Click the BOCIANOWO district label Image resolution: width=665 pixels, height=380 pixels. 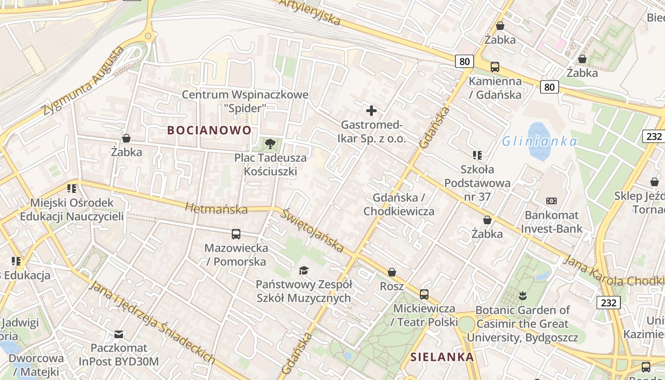[209, 130]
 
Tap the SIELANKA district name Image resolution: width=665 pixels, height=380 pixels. [442, 357]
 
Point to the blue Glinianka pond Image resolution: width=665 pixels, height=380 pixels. [539, 141]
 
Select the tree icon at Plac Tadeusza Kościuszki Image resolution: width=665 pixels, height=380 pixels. [270, 143]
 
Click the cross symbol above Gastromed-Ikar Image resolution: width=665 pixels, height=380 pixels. [371, 111]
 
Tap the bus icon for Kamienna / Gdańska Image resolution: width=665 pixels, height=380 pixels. [495, 67]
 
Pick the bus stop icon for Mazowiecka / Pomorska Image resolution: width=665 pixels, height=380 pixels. [236, 234]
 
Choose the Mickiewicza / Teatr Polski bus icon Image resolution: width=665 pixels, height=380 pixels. [424, 294]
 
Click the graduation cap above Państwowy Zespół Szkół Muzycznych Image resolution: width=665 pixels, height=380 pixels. [304, 271]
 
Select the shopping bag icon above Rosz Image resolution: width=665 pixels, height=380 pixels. [392, 272]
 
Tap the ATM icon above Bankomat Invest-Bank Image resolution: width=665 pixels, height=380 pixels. [551, 201]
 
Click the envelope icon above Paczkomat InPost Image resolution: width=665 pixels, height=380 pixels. [119, 334]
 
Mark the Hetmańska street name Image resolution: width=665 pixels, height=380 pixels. [216, 209]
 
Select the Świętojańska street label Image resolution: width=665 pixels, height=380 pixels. [312, 230]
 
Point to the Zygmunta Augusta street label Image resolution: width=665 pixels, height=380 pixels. [83, 81]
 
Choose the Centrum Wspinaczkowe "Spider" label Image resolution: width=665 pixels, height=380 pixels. [245, 101]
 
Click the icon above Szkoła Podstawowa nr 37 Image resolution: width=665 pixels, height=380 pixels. [477, 155]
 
